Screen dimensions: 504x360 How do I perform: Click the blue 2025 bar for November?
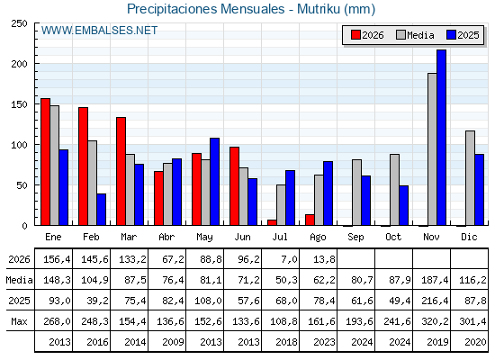[x=441, y=138]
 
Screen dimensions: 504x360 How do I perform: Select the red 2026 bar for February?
[x=83, y=166]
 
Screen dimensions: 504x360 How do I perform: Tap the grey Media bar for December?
[x=470, y=178]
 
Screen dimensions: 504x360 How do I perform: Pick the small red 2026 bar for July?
[x=272, y=222]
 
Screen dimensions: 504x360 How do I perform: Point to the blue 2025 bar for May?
[x=214, y=182]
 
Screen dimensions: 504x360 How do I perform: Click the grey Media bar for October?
[x=394, y=190]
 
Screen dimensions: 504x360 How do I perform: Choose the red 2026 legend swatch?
[x=355, y=35]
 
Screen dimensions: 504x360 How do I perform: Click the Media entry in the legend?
[x=415, y=35]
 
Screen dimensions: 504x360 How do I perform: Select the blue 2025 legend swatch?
[x=451, y=35]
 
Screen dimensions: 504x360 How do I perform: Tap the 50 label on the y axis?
[x=22, y=185]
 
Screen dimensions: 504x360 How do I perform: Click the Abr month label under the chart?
[x=166, y=237]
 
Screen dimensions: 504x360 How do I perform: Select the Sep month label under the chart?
[x=355, y=237]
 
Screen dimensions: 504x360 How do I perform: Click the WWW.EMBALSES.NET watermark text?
[x=99, y=31]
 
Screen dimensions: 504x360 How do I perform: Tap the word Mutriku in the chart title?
[x=319, y=9]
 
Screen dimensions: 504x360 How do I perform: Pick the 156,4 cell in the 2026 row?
[x=57, y=259]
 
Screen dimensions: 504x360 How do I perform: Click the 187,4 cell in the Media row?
[x=435, y=280]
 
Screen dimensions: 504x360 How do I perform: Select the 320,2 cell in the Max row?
[x=435, y=321]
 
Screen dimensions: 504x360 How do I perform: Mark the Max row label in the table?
[x=19, y=321]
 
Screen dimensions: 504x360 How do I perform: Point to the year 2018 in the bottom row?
[x=286, y=342]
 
